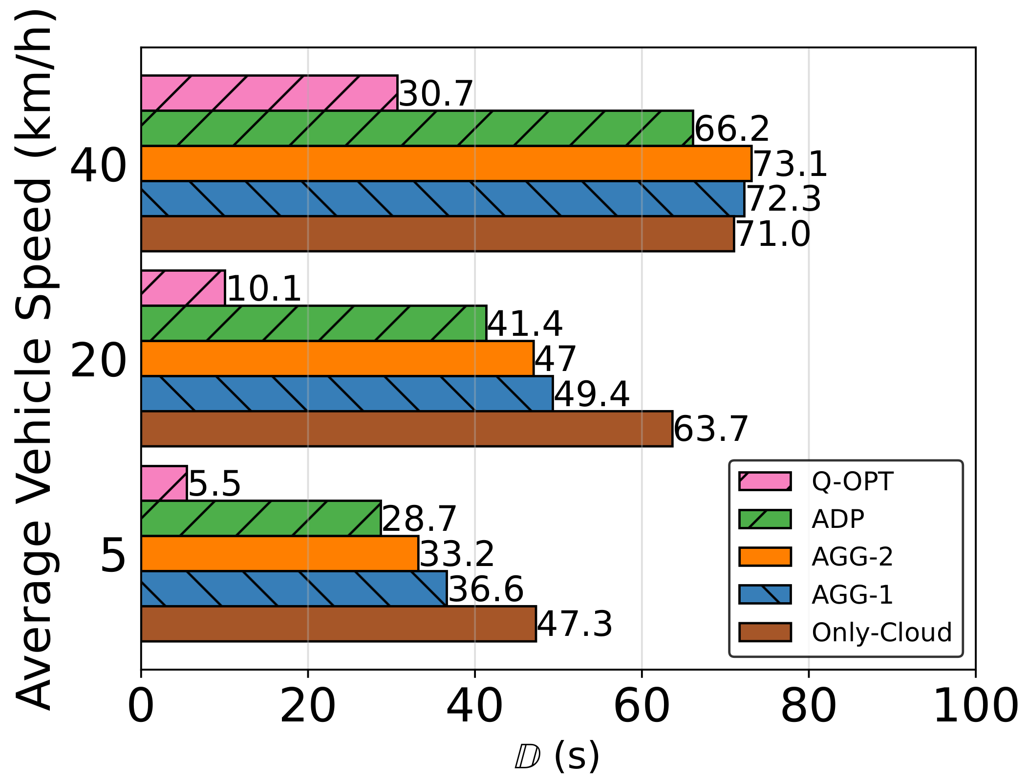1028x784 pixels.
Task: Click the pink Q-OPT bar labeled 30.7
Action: (269, 93)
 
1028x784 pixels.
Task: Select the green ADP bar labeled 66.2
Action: (417, 128)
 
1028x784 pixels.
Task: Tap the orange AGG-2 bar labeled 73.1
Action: (446, 163)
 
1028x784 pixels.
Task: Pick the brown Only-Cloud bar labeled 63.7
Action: (407, 429)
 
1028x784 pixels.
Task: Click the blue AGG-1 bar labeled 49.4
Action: (347, 393)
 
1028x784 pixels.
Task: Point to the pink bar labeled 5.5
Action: (164, 483)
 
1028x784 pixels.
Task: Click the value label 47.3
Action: (574, 624)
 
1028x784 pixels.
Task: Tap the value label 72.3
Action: (784, 199)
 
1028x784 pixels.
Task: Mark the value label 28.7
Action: (419, 519)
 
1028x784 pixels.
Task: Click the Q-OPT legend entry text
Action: (852, 481)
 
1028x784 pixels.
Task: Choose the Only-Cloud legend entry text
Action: (881, 632)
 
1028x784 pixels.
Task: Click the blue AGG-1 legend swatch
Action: (765, 594)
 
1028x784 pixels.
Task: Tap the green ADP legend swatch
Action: (765, 519)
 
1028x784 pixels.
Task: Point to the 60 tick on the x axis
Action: (642, 706)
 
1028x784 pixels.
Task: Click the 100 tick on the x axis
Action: (975, 706)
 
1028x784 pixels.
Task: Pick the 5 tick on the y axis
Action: (113, 556)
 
